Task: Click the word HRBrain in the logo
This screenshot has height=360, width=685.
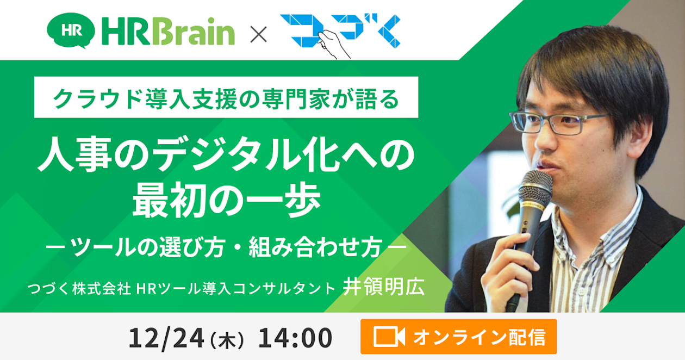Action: point(168,32)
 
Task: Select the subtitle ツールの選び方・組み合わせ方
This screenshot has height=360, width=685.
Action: point(226,248)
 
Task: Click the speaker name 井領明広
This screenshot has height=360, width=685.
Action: point(383,287)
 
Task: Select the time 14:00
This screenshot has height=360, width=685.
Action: point(295,338)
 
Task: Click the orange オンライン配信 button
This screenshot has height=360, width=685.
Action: point(458,337)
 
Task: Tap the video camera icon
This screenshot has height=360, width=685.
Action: point(389,337)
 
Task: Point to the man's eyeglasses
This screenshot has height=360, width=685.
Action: point(560,122)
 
